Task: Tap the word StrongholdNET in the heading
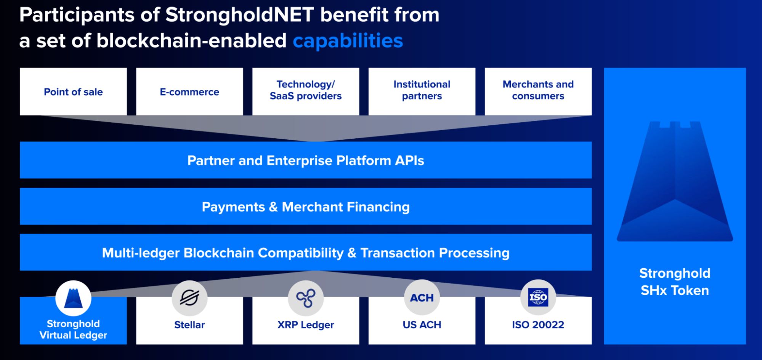[x=240, y=15]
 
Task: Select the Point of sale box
[x=73, y=91]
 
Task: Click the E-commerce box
[x=189, y=91]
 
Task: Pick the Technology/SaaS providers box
[x=306, y=91]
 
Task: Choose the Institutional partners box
[x=422, y=91]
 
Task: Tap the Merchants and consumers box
[x=538, y=91]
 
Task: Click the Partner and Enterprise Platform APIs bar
[x=306, y=160]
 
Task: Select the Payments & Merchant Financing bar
[x=306, y=206]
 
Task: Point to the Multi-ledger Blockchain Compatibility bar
[x=306, y=252]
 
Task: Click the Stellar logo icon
[x=189, y=298]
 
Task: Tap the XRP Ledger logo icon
[x=306, y=298]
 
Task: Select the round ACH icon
[x=422, y=298]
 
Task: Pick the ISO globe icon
[x=538, y=298]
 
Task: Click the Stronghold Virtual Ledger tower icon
[x=73, y=298]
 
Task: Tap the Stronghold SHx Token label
[x=675, y=282]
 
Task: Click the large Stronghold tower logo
[x=675, y=181]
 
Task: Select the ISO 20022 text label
[x=538, y=325]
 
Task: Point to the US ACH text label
[x=422, y=325]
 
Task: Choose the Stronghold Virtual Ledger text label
[x=73, y=330]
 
